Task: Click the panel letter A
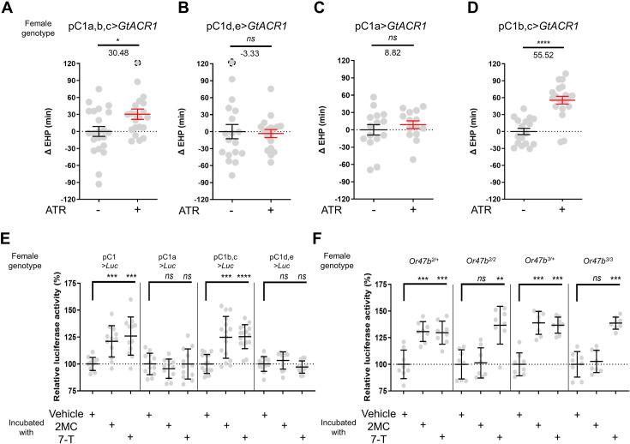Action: [8, 9]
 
